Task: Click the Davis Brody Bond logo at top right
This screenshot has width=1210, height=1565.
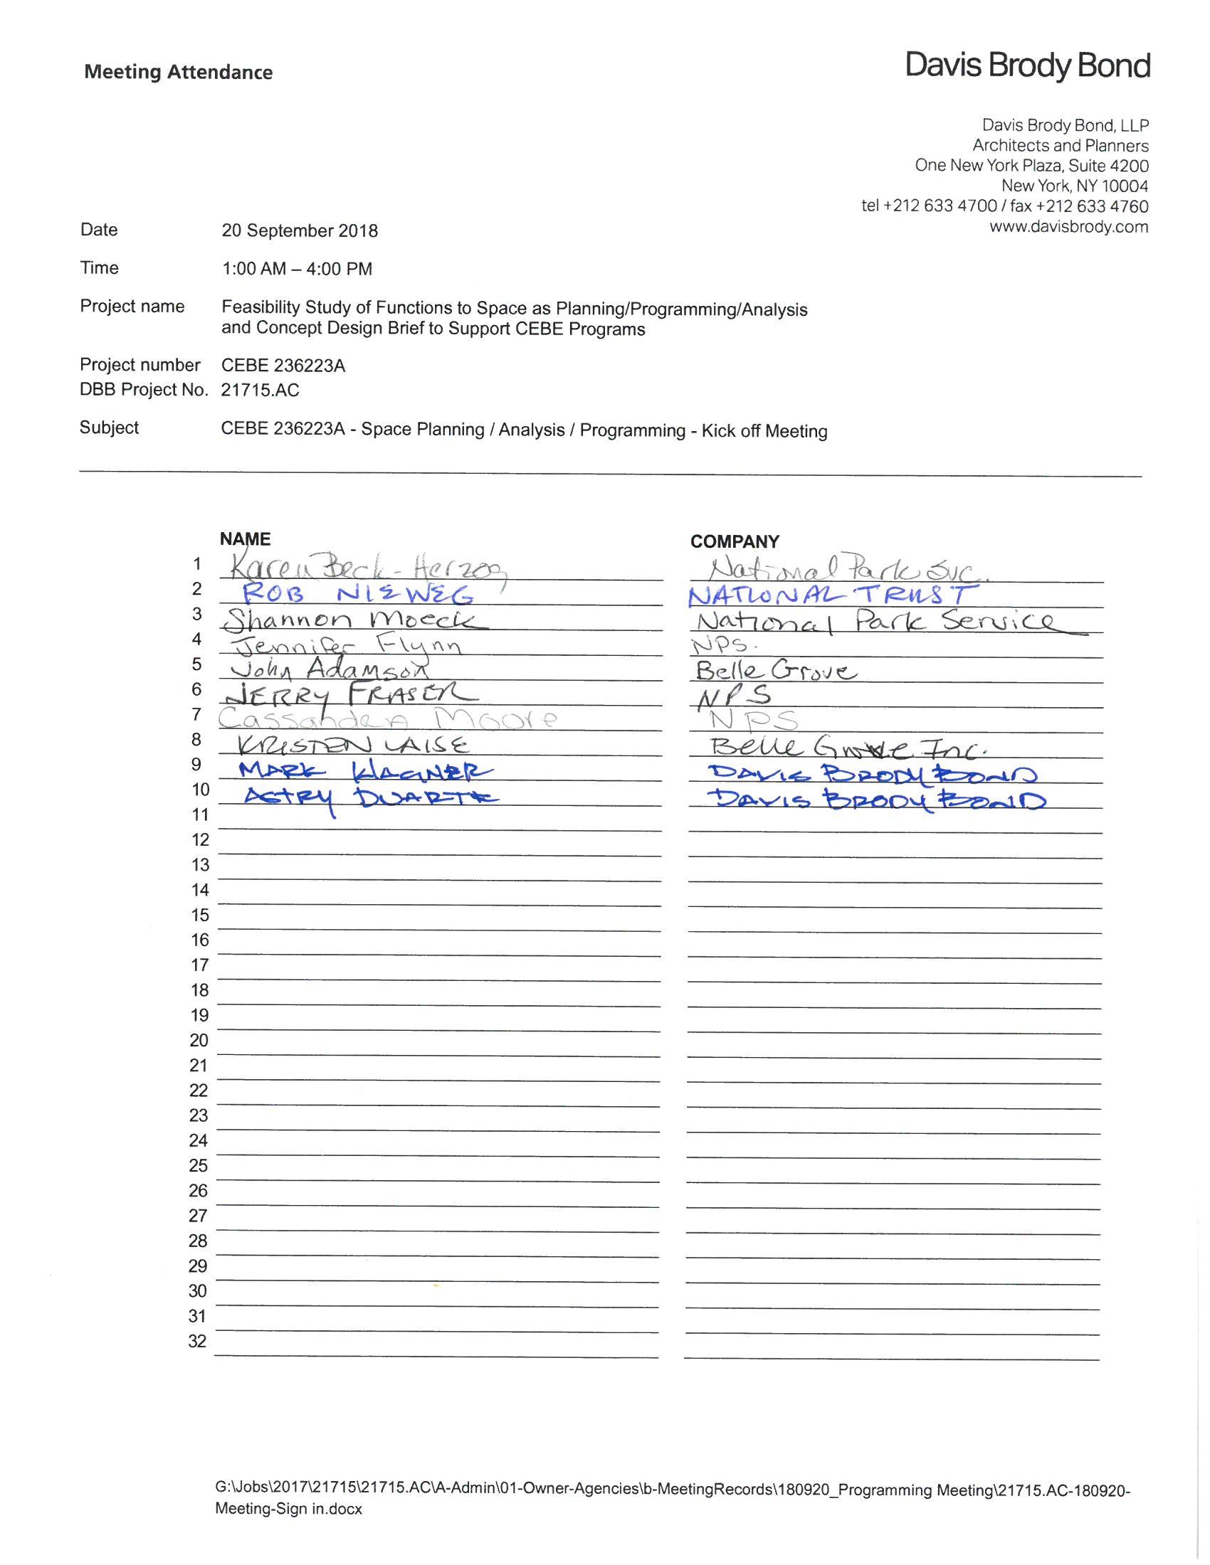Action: point(1027,66)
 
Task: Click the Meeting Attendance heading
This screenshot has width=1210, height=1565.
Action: point(179,73)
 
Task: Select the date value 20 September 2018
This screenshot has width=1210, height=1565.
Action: point(300,230)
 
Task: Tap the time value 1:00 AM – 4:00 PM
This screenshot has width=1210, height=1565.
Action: point(297,269)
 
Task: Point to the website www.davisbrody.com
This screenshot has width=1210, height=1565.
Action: point(1068,227)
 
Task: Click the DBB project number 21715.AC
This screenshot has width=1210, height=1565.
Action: point(261,391)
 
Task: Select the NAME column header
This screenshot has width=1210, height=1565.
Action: point(244,539)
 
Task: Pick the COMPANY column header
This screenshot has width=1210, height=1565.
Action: point(734,542)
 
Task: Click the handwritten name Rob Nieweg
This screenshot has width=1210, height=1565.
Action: point(358,594)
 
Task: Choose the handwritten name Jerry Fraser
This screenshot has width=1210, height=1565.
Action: point(349,694)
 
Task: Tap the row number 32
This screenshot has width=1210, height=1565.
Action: point(198,1341)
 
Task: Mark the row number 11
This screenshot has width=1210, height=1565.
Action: point(200,815)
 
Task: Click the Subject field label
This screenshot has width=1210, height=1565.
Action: point(109,428)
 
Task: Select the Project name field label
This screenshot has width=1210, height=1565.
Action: point(132,307)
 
